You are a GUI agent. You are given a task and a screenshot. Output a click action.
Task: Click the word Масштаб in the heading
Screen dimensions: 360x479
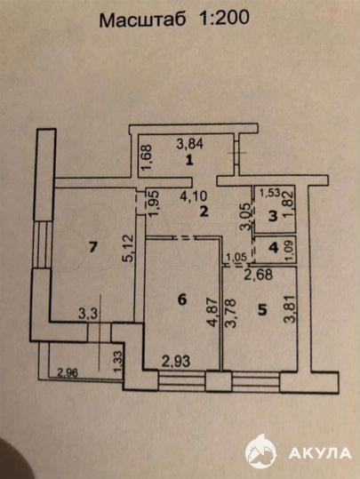coord(143,20)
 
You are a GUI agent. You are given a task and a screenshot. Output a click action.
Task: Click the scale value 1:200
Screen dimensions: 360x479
coord(224,18)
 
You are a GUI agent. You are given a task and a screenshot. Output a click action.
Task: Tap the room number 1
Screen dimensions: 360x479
coord(190,160)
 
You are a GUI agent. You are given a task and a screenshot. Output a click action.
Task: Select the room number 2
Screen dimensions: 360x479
coord(204,212)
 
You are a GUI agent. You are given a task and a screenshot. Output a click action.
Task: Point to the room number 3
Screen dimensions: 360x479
coord(273,216)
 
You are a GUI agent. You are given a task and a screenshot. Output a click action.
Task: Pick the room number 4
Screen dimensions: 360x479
coord(274,247)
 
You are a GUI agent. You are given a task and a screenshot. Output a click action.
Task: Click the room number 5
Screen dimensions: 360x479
coord(262,310)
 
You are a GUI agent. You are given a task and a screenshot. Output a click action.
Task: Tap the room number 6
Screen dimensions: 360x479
coord(182,299)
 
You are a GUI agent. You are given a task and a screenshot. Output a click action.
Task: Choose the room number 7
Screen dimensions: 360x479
coord(93,247)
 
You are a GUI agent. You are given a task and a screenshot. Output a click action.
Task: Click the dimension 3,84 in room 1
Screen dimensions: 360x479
coord(190,144)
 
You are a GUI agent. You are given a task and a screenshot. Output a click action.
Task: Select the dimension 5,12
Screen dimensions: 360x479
coord(129,248)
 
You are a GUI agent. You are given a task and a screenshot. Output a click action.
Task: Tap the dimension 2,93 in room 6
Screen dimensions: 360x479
coord(176,362)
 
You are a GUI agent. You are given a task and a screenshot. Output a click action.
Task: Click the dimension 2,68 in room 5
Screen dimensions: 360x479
coord(259,275)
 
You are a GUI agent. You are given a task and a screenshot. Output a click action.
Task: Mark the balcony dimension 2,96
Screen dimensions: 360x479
coord(68,372)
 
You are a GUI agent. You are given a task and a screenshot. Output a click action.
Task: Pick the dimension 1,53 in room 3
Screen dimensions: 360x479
coord(270,193)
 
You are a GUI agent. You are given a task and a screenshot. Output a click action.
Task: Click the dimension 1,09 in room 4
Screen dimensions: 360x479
coord(290,251)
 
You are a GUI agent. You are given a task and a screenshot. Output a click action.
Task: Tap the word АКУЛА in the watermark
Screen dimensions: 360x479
coord(320,453)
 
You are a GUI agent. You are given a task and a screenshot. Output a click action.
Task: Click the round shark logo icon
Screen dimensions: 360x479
coord(260,451)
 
